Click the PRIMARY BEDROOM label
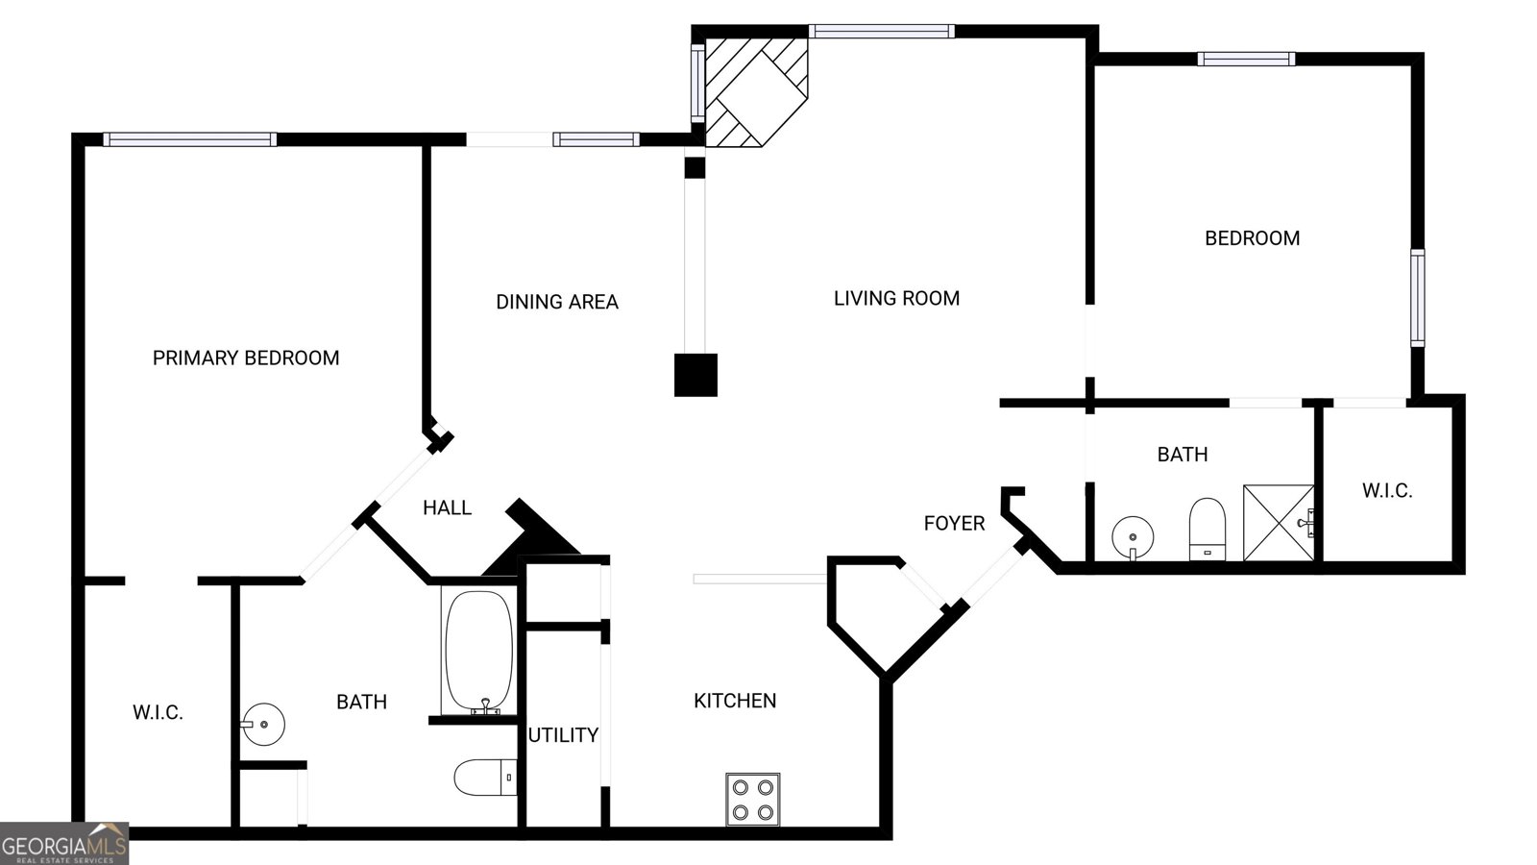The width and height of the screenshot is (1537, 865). [246, 358]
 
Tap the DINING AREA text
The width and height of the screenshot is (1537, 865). [556, 302]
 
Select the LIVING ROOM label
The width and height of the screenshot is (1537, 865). [896, 298]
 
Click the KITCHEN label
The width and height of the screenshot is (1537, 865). [735, 701]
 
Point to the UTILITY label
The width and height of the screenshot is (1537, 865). [563, 735]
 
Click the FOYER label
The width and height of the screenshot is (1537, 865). [954, 523]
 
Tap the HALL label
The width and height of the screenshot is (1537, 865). [447, 507]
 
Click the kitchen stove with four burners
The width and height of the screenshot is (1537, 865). [752, 800]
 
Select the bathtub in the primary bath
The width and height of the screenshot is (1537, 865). [478, 652]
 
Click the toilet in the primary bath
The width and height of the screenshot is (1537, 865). [485, 777]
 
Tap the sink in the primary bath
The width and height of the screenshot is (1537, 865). [262, 723]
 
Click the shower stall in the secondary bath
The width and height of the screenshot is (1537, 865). [1279, 523]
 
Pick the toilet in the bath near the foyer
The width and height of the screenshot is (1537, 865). [1207, 528]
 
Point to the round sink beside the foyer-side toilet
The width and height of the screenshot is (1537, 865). [1134, 536]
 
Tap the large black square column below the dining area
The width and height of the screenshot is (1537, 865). [695, 375]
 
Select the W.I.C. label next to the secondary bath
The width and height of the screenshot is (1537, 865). [1386, 491]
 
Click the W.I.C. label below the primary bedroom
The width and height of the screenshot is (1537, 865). [158, 713]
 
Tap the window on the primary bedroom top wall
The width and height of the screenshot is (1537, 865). [189, 139]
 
